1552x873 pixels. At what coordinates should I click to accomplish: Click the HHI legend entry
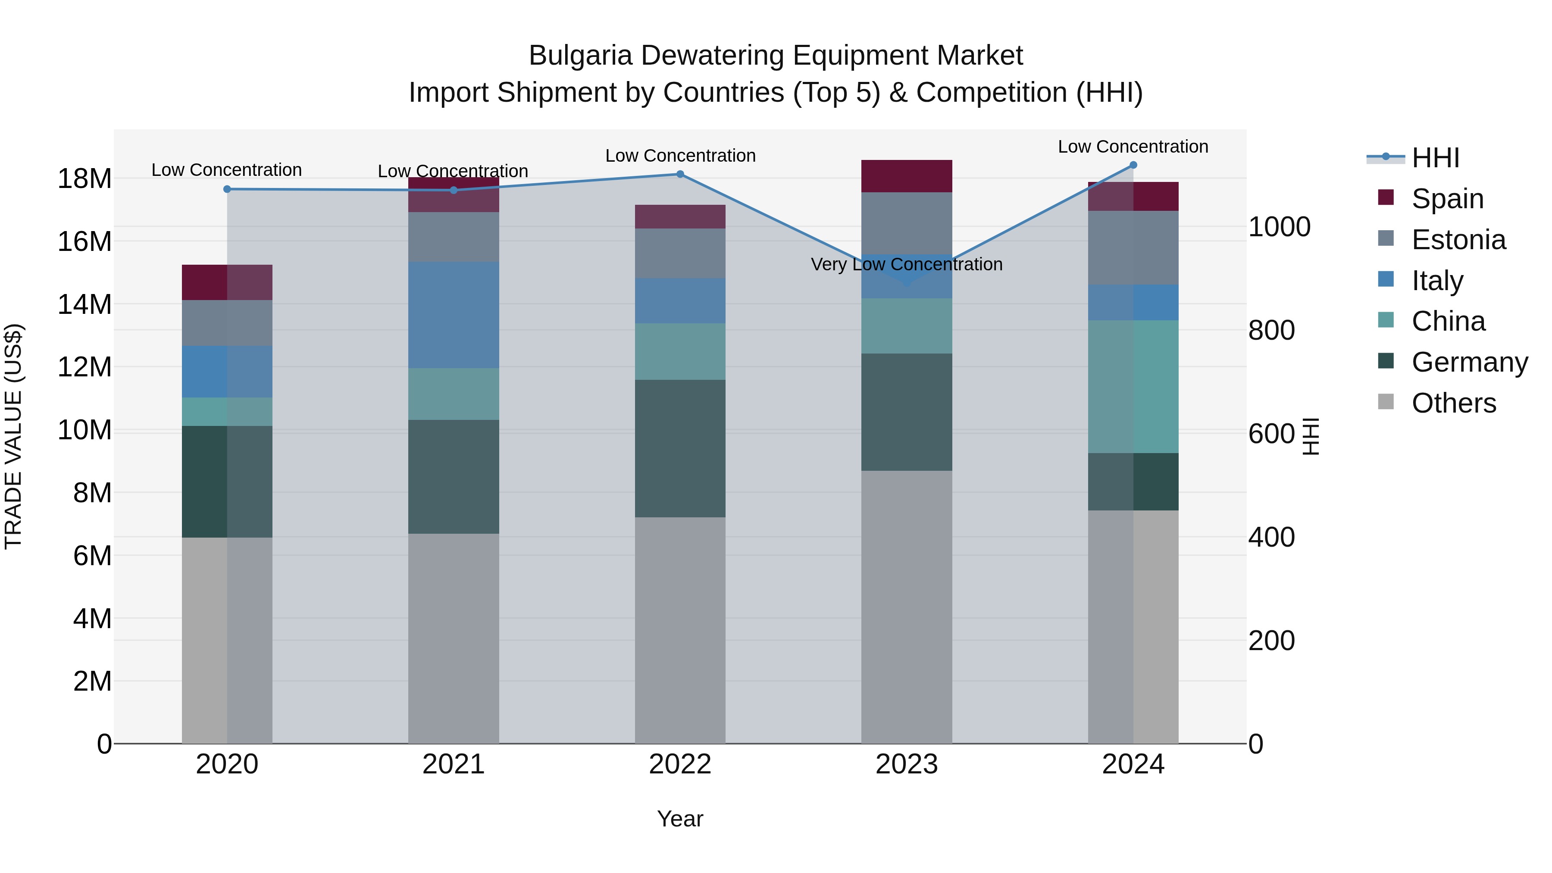[x=1434, y=158]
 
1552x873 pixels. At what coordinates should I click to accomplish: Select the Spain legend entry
[x=1446, y=199]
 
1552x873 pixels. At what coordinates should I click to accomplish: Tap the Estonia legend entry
[x=1458, y=240]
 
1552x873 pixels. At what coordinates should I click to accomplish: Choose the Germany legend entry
[x=1469, y=362]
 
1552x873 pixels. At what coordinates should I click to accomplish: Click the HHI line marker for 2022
[x=680, y=174]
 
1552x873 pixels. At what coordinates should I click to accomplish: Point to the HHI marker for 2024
[x=1133, y=165]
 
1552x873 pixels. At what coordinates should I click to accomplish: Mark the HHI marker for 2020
[x=227, y=189]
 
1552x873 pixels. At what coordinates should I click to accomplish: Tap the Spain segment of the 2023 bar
[x=907, y=176]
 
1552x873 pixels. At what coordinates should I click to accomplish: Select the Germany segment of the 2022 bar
[x=680, y=448]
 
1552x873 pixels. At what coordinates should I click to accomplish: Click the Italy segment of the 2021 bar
[x=454, y=315]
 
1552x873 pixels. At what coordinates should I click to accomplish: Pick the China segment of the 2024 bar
[x=1133, y=386]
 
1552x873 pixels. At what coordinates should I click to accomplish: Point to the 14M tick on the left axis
[x=84, y=304]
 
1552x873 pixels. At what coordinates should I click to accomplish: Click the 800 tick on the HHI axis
[x=1271, y=330]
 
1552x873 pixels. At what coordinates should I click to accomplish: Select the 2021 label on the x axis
[x=454, y=764]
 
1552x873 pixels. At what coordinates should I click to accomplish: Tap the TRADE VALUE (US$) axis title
[x=13, y=436]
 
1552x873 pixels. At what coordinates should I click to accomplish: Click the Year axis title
[x=680, y=819]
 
